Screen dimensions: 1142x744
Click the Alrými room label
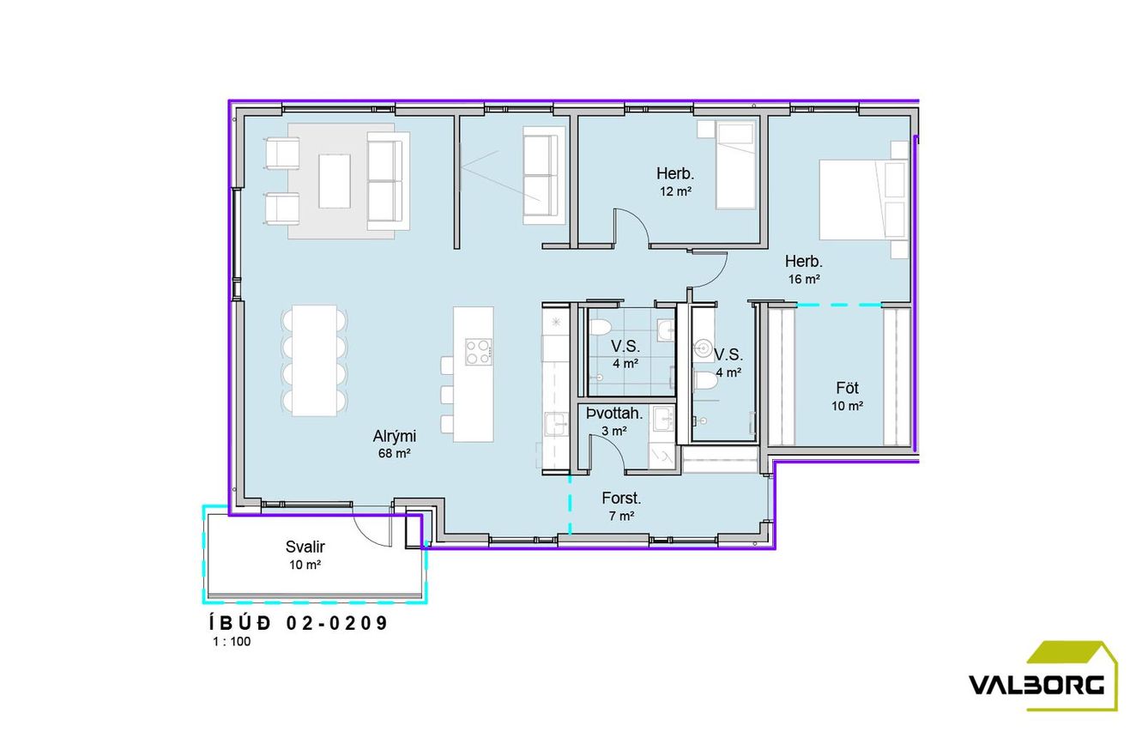(394, 436)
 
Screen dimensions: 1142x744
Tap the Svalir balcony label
(305, 547)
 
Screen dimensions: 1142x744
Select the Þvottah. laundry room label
(613, 413)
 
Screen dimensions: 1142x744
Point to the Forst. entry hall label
(621, 498)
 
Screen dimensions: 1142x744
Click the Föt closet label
(848, 388)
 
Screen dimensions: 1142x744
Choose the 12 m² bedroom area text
(675, 191)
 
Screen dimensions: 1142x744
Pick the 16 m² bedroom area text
(804, 280)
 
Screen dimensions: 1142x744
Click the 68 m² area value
(394, 453)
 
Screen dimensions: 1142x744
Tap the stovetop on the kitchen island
(478, 352)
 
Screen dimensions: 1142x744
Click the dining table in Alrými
(314, 360)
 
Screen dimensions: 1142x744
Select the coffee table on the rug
(335, 182)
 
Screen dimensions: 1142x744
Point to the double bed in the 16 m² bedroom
(864, 200)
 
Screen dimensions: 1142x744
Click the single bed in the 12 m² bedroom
(735, 166)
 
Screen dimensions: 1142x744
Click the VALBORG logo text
(1036, 685)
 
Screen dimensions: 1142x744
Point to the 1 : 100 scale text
(232, 642)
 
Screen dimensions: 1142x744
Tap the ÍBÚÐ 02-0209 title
(299, 623)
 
